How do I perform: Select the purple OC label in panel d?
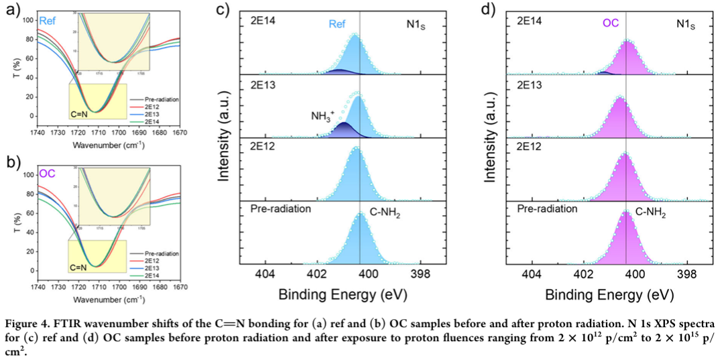[609, 23]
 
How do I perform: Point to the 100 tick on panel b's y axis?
[27, 176]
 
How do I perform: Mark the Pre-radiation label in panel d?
[547, 208]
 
